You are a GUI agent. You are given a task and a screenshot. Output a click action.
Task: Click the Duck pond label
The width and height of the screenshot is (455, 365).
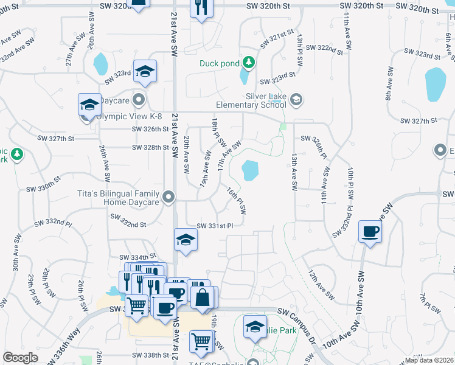tap(220, 63)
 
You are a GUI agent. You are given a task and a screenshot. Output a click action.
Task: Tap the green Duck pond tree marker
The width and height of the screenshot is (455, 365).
tap(248, 62)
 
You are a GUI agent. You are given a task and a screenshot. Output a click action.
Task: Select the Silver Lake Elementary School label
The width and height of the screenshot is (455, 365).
tap(266, 100)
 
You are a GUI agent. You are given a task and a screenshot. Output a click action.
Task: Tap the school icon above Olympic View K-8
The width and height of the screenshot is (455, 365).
tap(89, 105)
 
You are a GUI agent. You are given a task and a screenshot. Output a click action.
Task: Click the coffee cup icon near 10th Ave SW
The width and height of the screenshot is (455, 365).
tap(370, 231)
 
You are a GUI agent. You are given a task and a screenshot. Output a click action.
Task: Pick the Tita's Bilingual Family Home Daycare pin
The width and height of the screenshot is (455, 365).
tap(170, 196)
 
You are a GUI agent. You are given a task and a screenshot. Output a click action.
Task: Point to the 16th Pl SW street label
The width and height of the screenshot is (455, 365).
tap(237, 201)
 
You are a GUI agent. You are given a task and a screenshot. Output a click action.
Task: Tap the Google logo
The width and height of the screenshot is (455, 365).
tap(20, 358)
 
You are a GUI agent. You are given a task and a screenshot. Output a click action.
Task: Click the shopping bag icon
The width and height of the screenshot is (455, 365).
tap(202, 297)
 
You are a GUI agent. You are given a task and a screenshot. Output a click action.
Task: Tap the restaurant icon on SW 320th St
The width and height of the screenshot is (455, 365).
tap(200, 8)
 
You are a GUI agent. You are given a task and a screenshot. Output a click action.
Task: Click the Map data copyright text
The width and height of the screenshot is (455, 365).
tap(429, 360)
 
